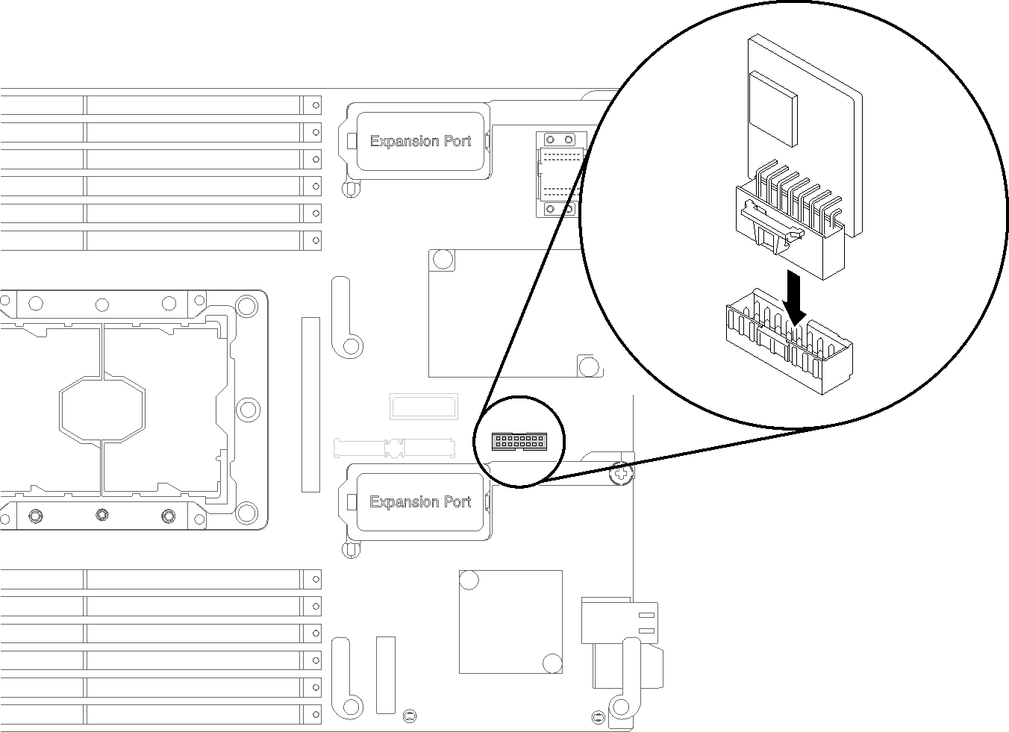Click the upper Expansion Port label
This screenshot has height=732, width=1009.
click(x=420, y=141)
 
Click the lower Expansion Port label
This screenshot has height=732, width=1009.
click(x=420, y=502)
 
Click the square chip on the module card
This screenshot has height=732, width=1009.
click(x=774, y=107)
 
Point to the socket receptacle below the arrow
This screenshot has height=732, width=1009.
click(x=789, y=343)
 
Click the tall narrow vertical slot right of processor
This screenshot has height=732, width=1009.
click(x=310, y=404)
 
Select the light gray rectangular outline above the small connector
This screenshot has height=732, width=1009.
click(x=422, y=406)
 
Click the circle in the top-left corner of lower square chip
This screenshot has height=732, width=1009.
click(x=469, y=580)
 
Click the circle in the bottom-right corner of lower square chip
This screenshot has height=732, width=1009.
click(x=552, y=663)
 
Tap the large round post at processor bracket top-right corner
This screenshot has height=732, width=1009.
click(x=246, y=306)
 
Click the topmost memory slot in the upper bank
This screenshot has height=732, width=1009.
click(x=160, y=105)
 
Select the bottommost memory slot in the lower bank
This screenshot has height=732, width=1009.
click(x=160, y=714)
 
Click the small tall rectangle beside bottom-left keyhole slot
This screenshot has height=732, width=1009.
click(x=385, y=675)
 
